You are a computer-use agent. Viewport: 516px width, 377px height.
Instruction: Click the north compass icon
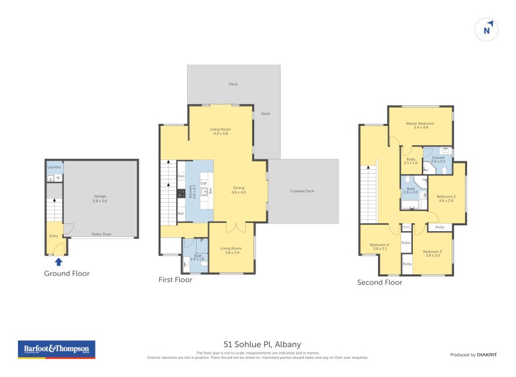(x=487, y=29)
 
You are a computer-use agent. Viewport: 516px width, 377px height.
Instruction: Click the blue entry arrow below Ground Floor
(x=59, y=261)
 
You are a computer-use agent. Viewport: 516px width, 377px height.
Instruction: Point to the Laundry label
(x=54, y=167)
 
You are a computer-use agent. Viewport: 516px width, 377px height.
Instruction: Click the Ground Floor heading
(x=66, y=273)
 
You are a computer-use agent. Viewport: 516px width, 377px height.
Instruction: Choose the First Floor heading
(x=175, y=280)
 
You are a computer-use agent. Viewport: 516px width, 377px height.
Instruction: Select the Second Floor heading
(x=380, y=282)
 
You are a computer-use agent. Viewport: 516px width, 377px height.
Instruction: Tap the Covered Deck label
(x=303, y=191)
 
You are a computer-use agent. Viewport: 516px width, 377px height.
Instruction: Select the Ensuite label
(x=438, y=159)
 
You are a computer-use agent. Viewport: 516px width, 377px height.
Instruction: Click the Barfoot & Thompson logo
(x=56, y=349)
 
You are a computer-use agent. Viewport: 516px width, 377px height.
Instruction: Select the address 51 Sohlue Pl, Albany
(x=257, y=344)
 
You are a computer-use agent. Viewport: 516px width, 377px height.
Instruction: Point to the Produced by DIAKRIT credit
(x=474, y=355)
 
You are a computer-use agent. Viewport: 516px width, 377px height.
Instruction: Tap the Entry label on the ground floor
(x=54, y=236)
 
